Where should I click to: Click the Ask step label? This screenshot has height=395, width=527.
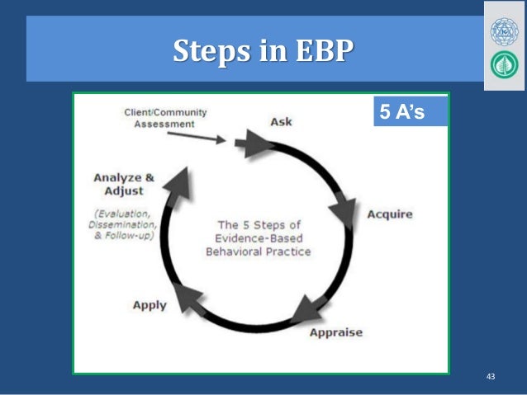pyautogui.click(x=281, y=122)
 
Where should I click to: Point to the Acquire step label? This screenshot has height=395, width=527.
pyautogui.click(x=390, y=215)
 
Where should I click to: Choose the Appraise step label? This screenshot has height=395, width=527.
pyautogui.click(x=335, y=333)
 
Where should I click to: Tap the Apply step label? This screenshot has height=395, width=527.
pyautogui.click(x=150, y=304)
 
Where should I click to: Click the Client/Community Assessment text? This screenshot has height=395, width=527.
pyautogui.click(x=165, y=118)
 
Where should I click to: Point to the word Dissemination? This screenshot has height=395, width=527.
pyautogui.click(x=124, y=224)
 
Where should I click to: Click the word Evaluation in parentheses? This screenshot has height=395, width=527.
pyautogui.click(x=123, y=213)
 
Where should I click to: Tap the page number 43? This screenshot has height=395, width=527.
pyautogui.click(x=491, y=377)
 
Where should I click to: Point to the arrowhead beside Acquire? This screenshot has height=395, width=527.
pyautogui.click(x=343, y=214)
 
